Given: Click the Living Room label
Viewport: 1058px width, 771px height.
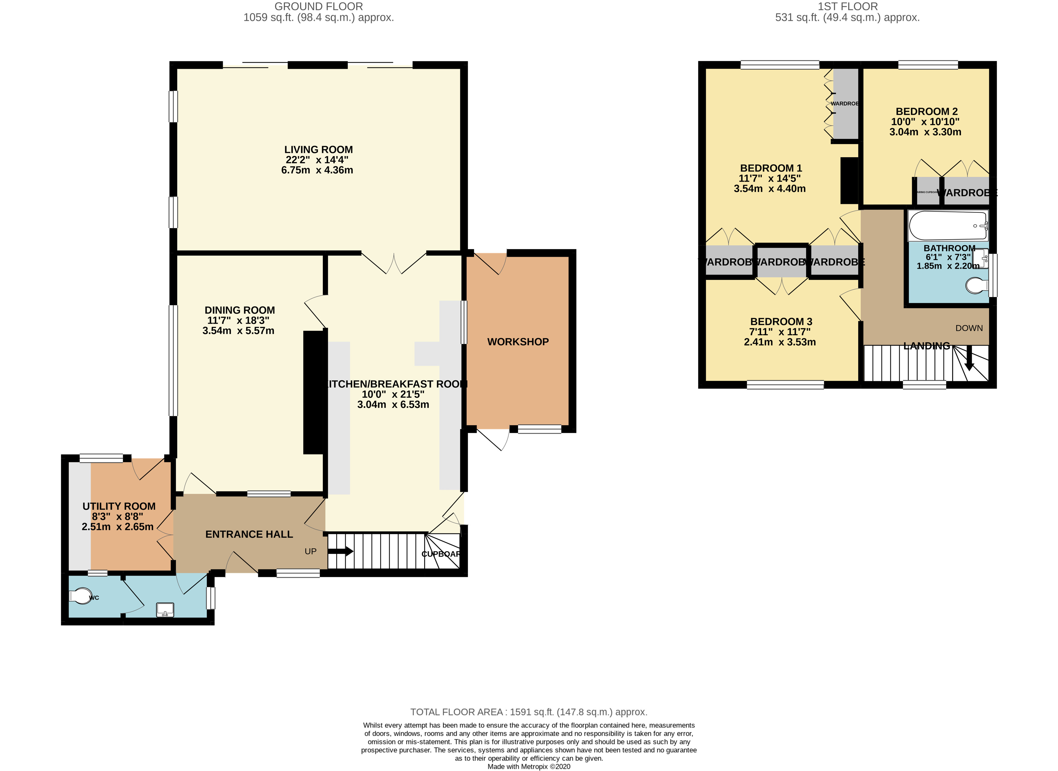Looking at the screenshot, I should (318, 150).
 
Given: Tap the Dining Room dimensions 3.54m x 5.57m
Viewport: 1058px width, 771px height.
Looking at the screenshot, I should (238, 331).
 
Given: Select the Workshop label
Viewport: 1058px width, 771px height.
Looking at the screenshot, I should (518, 342).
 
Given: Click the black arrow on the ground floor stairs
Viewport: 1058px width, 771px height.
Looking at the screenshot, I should (341, 552).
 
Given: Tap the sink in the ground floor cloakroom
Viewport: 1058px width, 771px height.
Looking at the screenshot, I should (165, 609).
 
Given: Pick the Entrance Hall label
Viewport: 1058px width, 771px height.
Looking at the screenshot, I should (249, 534).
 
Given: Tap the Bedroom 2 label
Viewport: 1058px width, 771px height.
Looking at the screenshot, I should (926, 111).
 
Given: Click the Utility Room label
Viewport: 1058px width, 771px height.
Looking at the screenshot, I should (119, 506).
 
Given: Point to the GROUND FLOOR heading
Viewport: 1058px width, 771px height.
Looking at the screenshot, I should (319, 7).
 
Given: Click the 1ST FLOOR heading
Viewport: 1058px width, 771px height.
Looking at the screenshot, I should (848, 7).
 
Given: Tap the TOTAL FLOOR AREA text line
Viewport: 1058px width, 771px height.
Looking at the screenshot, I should (529, 712).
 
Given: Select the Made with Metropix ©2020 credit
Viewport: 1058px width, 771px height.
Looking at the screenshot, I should (529, 766).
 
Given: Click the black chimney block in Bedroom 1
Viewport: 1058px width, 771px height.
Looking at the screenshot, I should (849, 181).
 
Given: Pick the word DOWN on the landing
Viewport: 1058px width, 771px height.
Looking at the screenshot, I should (969, 328).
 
